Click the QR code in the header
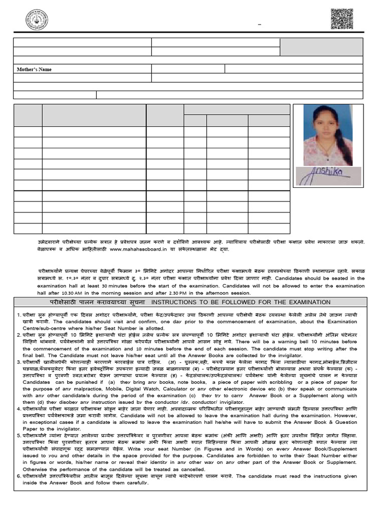coord(342,19)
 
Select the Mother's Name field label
coord(35,70)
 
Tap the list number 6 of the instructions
coord(18,476)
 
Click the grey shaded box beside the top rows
coord(321,47)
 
